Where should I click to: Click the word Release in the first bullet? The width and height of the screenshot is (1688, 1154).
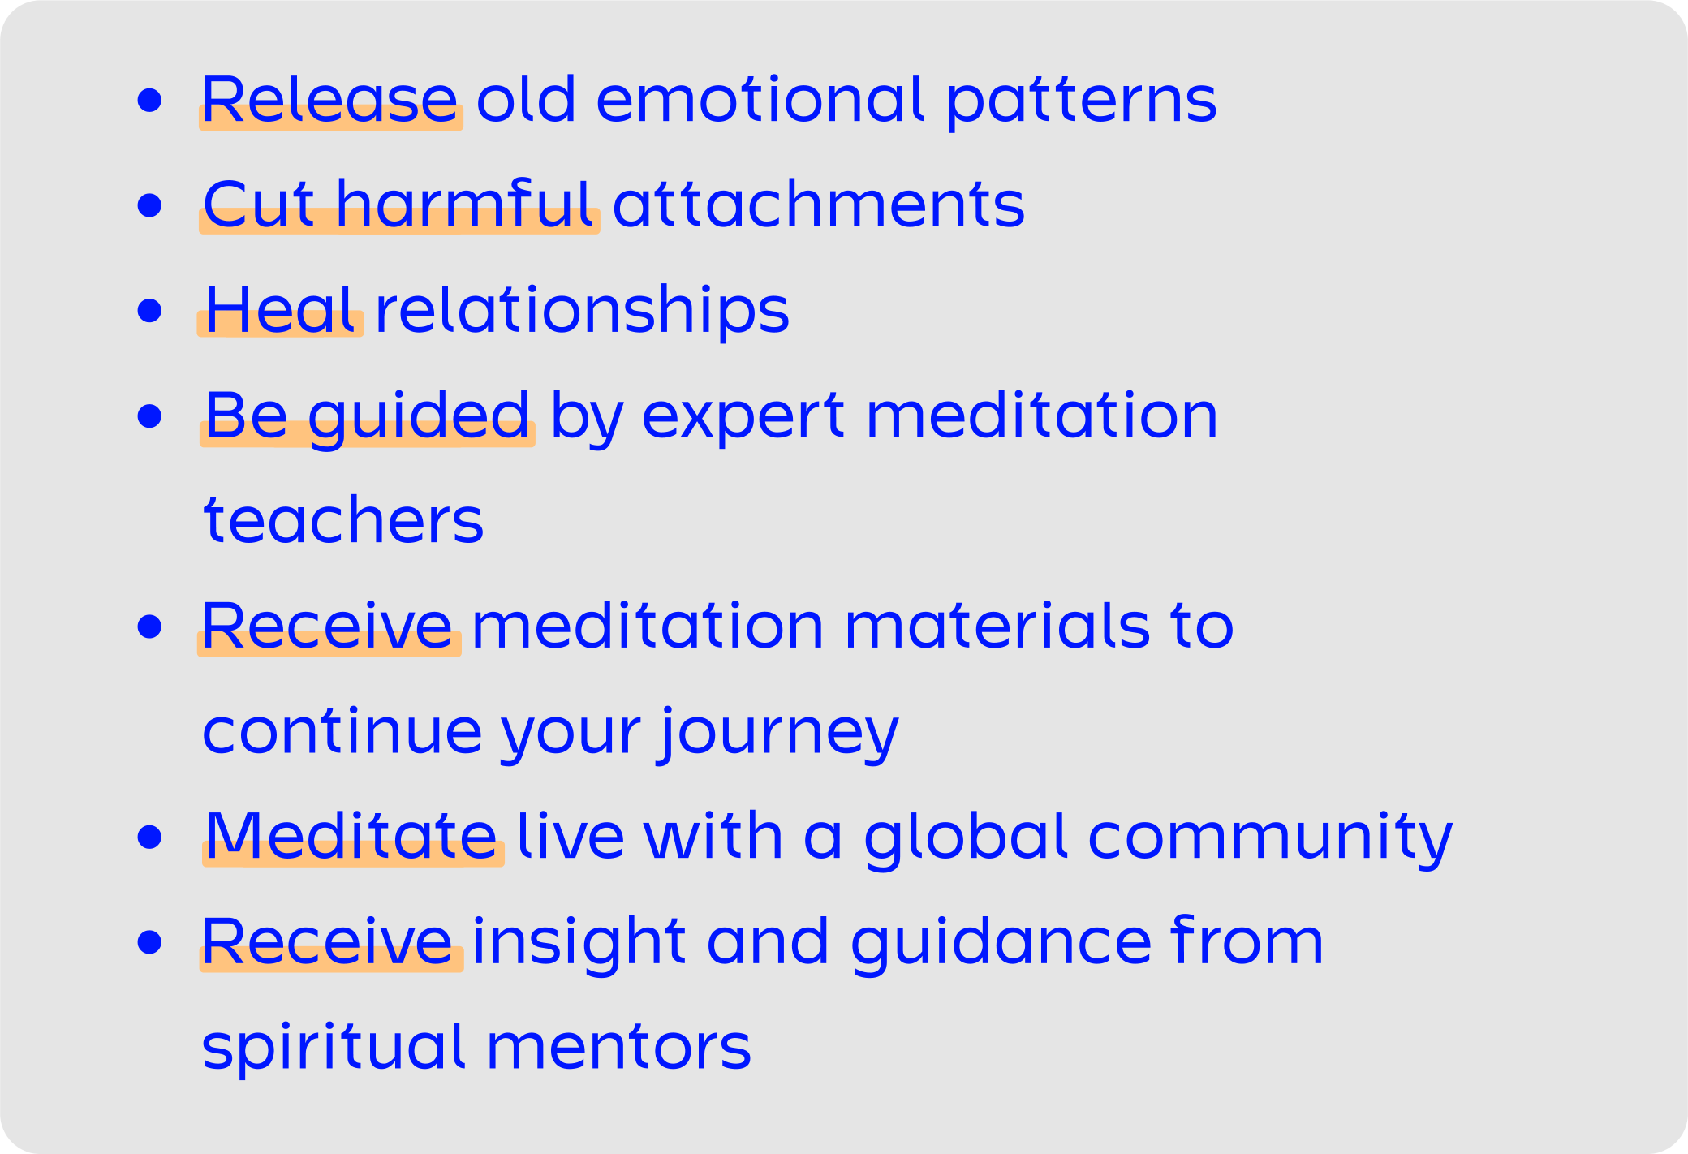click(x=329, y=99)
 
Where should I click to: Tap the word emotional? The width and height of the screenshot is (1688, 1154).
click(x=760, y=99)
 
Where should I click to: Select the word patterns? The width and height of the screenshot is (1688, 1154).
click(x=1082, y=102)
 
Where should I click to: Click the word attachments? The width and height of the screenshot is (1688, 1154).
click(x=819, y=204)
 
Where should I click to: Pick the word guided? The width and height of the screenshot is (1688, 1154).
click(x=419, y=416)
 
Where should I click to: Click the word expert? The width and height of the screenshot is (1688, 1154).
click(x=743, y=418)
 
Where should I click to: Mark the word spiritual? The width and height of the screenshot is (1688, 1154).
click(x=334, y=1048)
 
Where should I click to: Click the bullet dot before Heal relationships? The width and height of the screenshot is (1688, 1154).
click(x=150, y=311)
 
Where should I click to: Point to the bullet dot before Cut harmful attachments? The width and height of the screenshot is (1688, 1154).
click(x=150, y=205)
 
